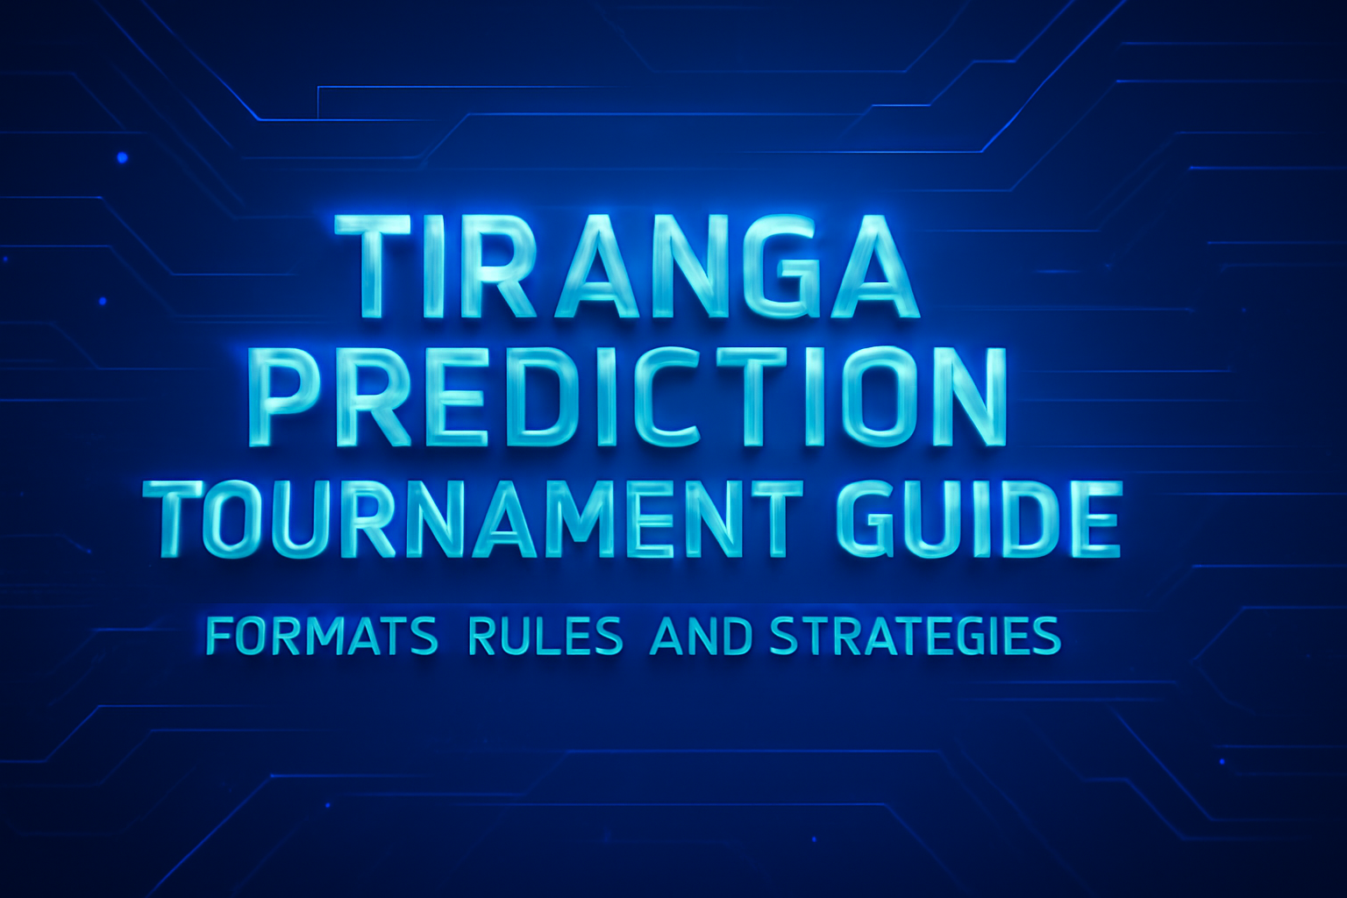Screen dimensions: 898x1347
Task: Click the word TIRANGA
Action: (628, 267)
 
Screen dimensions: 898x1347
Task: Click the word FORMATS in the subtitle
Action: (321, 638)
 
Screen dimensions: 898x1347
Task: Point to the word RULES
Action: (545, 638)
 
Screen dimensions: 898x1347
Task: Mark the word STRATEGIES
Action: (915, 638)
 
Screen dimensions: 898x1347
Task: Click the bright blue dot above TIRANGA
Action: (122, 158)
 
